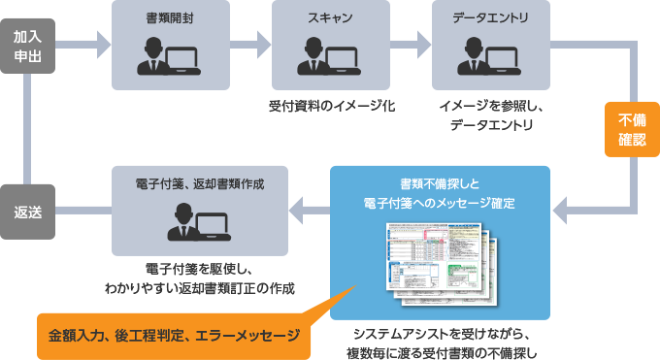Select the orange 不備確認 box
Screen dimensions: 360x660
632,129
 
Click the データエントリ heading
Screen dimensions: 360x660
490,17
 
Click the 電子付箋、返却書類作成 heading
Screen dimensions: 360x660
200,182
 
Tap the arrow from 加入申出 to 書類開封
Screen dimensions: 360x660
93,43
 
